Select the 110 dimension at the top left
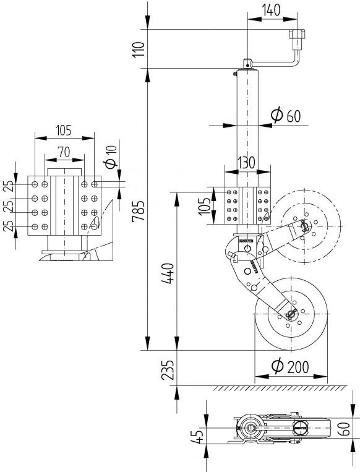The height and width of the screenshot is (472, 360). pyautogui.click(x=139, y=47)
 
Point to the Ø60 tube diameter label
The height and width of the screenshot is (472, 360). pyautogui.click(x=285, y=115)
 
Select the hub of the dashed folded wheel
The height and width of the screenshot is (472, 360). pyautogui.click(x=305, y=226)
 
